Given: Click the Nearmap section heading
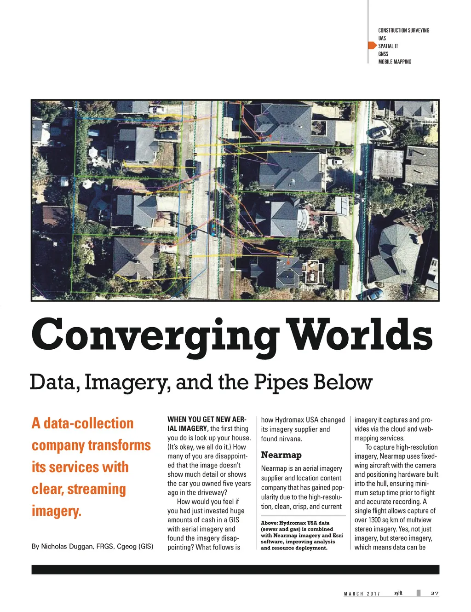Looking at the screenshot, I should [x=281, y=455].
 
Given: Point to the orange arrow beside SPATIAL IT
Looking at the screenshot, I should [x=372, y=46].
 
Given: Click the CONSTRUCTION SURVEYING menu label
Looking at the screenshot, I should [x=403, y=30].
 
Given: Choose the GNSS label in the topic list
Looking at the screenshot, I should [x=383, y=54].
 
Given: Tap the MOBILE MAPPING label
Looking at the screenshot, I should [x=395, y=62].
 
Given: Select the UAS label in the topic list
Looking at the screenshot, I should [x=382, y=38].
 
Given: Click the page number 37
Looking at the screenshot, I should [x=434, y=593].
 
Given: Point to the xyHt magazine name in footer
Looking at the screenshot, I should [x=398, y=593].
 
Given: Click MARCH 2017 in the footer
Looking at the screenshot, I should [x=362, y=594].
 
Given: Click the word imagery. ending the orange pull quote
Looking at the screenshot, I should [x=57, y=511].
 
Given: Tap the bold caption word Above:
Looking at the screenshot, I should [x=269, y=523].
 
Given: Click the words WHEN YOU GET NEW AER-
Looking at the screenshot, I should [x=207, y=419].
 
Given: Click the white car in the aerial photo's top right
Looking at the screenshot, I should [x=380, y=133].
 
